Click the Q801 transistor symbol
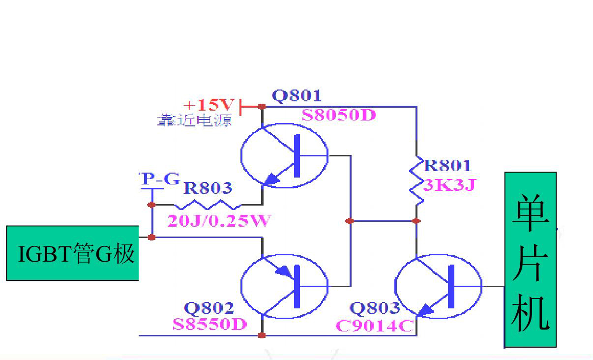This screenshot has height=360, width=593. click(284, 155)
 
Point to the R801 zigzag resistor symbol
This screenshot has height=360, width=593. click(416, 180)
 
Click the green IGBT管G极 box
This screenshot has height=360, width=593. click(72, 253)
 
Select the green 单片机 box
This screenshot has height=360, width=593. click(531, 260)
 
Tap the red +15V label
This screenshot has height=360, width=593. click(209, 105)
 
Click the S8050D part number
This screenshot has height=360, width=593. click(339, 116)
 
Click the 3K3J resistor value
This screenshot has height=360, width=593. click(450, 185)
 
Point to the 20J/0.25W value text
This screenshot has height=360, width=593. click(218, 221)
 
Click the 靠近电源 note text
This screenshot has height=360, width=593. click(195, 120)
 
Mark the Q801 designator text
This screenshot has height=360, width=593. click(296, 96)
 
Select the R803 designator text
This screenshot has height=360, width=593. click(208, 188)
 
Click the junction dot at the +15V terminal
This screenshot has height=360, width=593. click(262, 106)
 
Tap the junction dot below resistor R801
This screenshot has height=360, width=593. click(416, 221)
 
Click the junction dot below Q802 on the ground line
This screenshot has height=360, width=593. click(262, 335)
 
